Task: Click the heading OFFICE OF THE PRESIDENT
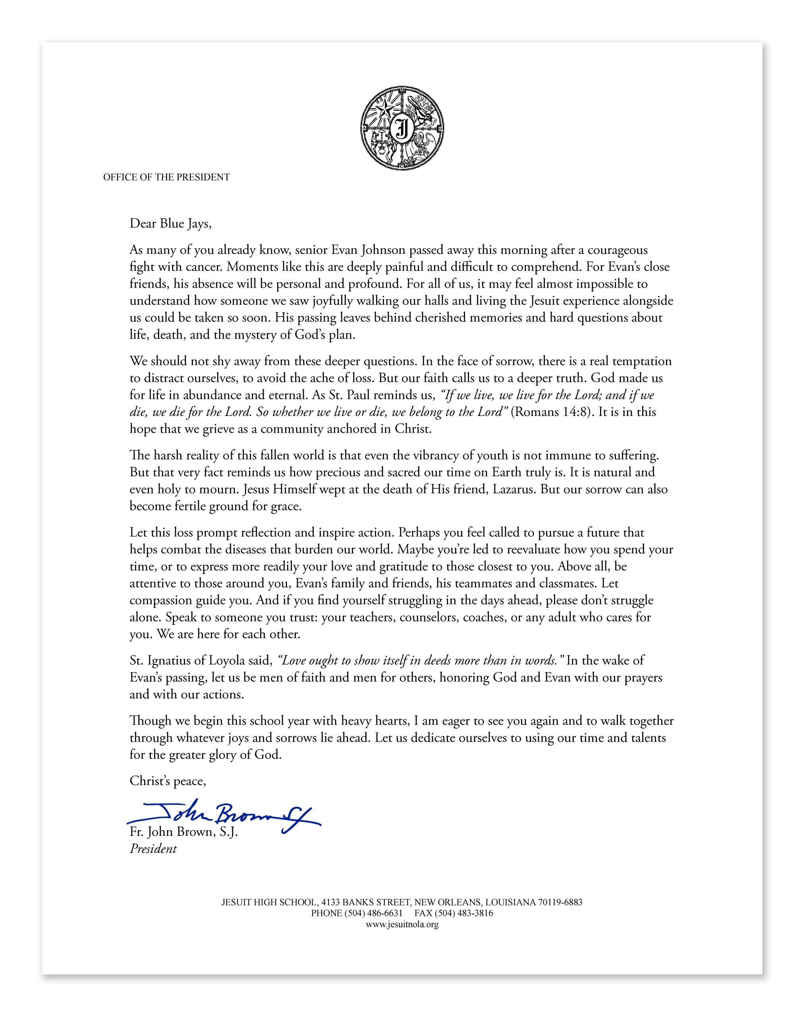click(x=166, y=177)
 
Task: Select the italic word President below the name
click(x=153, y=849)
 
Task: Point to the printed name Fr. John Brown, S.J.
click(x=184, y=832)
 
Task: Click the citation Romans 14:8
click(x=550, y=412)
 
